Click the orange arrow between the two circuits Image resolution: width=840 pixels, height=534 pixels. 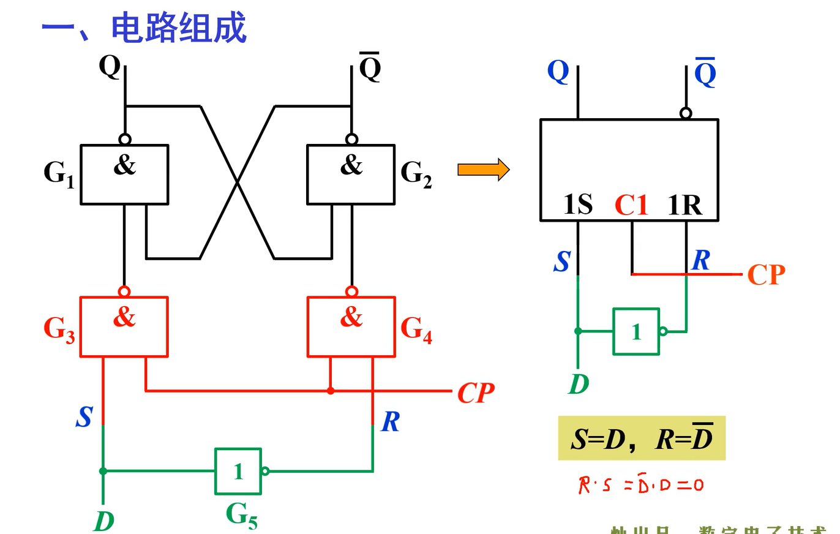[x=483, y=170]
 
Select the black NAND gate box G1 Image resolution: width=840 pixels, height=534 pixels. [x=124, y=175]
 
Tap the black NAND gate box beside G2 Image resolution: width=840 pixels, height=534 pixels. [x=351, y=175]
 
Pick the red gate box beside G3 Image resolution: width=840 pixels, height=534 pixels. [x=124, y=326]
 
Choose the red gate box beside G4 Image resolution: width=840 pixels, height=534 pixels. [x=351, y=326]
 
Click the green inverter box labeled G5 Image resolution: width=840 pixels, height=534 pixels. [x=238, y=471]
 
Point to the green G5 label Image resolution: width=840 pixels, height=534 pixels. [x=241, y=514]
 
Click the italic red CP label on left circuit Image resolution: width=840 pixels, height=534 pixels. [x=475, y=393]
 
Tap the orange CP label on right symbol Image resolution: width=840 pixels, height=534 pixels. [x=766, y=275]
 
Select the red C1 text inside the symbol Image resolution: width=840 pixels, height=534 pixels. [x=631, y=206]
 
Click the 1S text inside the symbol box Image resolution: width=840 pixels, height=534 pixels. [x=578, y=206]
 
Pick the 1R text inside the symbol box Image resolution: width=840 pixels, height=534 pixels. [x=684, y=206]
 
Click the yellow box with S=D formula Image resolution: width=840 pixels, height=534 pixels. [x=641, y=438]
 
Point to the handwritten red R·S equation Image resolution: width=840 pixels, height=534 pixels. [x=640, y=486]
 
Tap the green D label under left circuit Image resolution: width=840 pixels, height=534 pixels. [x=104, y=521]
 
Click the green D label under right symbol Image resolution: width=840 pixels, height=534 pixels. [x=579, y=384]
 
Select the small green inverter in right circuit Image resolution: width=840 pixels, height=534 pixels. [x=636, y=331]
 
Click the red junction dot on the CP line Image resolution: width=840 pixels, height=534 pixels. [x=331, y=390]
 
